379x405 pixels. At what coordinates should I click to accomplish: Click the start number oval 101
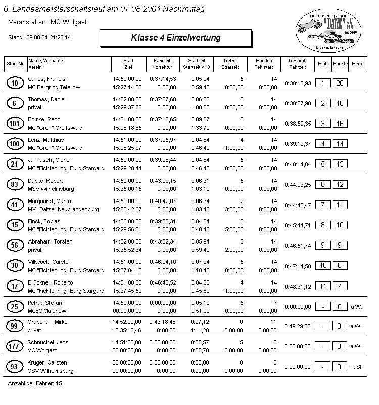(x=15, y=124)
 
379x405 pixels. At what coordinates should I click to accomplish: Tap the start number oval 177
(x=15, y=346)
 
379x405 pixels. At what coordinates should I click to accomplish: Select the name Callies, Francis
(x=46, y=79)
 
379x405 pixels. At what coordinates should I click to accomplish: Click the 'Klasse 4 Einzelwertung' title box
(x=175, y=38)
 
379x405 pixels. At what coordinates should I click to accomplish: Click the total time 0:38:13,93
(x=298, y=83)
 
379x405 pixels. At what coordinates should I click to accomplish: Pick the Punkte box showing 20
(x=340, y=83)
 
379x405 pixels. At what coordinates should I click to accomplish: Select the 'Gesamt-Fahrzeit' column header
(x=297, y=64)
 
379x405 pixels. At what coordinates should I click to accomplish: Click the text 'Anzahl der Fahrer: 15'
(x=35, y=384)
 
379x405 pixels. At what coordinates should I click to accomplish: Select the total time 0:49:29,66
(x=298, y=326)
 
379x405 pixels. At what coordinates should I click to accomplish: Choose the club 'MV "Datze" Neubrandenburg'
(x=63, y=209)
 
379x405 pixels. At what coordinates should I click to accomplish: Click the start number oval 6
(x=15, y=103)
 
